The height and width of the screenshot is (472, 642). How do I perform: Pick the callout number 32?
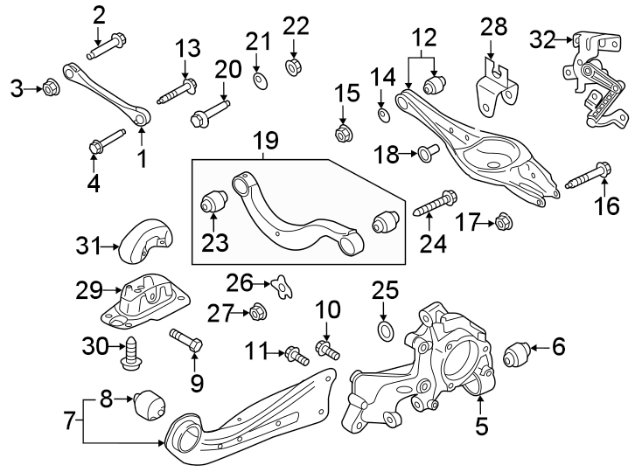click(543, 38)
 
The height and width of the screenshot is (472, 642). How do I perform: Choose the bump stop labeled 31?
click(146, 242)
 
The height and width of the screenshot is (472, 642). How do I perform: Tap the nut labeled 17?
click(503, 223)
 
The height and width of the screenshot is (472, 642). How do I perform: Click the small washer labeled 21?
click(257, 81)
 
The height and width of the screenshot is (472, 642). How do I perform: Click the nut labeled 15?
click(344, 135)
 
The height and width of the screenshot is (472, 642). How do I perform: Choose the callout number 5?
click(480, 428)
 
